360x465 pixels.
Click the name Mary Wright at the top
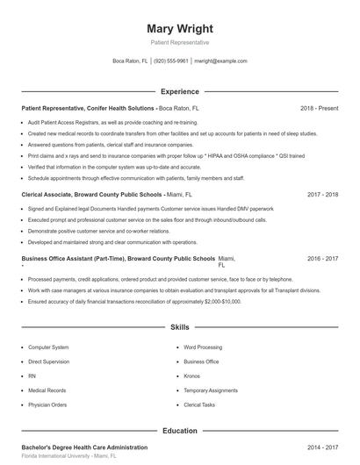(179, 28)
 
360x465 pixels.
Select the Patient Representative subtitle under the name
(179, 42)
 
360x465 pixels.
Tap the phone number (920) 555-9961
(171, 61)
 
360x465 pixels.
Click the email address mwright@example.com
(220, 61)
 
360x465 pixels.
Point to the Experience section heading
(179, 91)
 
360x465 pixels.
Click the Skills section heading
(179, 327)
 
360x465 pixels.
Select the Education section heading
(179, 431)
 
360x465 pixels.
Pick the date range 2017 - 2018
(322, 194)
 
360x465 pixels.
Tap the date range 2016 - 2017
(322, 260)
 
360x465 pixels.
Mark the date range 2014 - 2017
(322, 447)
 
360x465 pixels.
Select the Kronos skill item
(191, 376)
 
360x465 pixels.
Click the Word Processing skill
(203, 347)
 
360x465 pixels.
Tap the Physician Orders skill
(47, 404)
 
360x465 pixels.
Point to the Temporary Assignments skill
(211, 390)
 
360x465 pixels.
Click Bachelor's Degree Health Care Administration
(82, 447)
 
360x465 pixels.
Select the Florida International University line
(68, 457)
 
